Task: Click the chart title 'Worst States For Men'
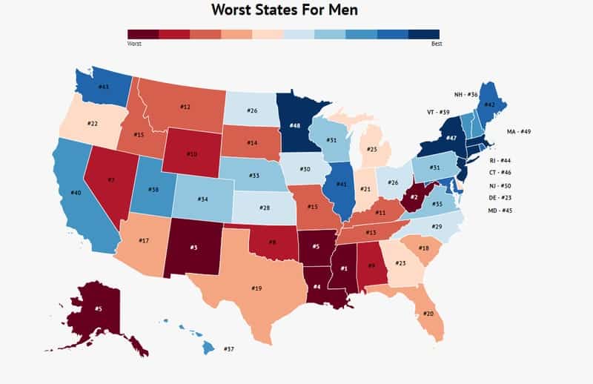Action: [x=296, y=10]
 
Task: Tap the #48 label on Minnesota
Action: [x=294, y=126]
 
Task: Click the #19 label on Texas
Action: [x=256, y=288]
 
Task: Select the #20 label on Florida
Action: [x=428, y=314]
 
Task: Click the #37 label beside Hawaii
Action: [x=229, y=348]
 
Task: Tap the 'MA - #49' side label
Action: [x=519, y=131]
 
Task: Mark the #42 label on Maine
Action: [x=488, y=105]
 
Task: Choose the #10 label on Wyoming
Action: [x=191, y=154]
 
